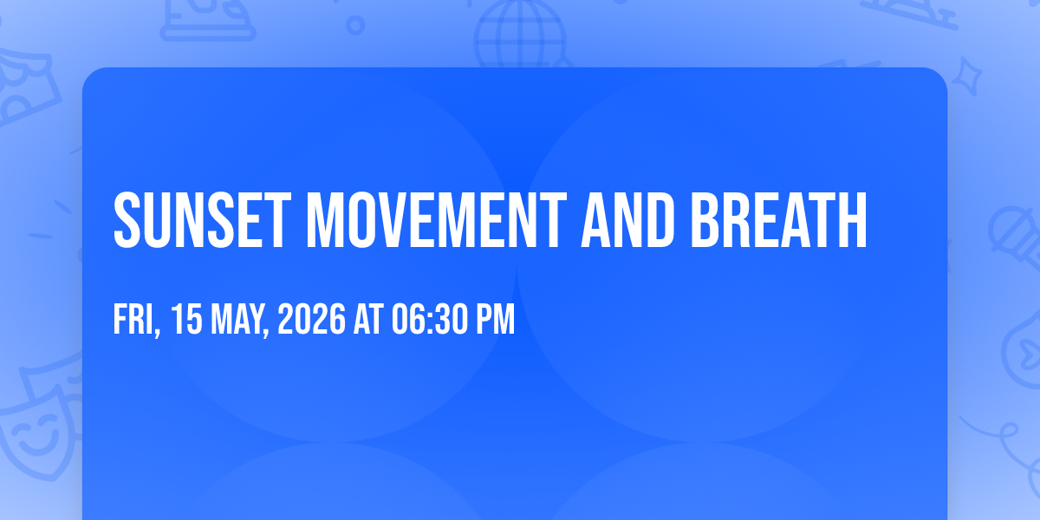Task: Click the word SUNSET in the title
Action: point(203,220)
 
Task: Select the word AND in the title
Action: point(627,220)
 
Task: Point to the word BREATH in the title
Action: point(778,220)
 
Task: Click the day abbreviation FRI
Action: point(133,319)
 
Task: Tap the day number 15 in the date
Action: point(186,319)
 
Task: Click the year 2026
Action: point(311,319)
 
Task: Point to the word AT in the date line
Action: point(368,319)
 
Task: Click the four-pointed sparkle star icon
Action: point(967,76)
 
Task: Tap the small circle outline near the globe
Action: point(355,25)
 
